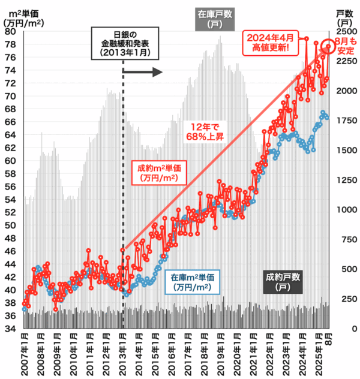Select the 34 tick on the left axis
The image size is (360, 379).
click(11, 329)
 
